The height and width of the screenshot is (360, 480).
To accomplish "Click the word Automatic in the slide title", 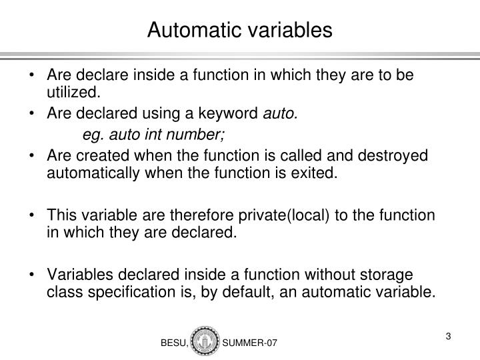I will coord(187,29).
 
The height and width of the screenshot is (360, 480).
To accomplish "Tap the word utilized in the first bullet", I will coord(73,91).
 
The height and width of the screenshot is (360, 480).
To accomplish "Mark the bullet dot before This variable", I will coord(34,217).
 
